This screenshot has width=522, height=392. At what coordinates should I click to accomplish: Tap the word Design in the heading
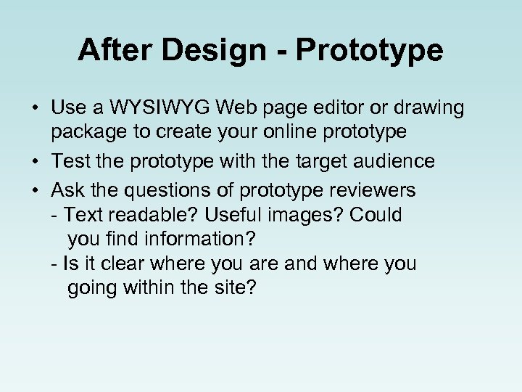213,50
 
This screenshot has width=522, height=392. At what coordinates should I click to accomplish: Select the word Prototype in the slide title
370,50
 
